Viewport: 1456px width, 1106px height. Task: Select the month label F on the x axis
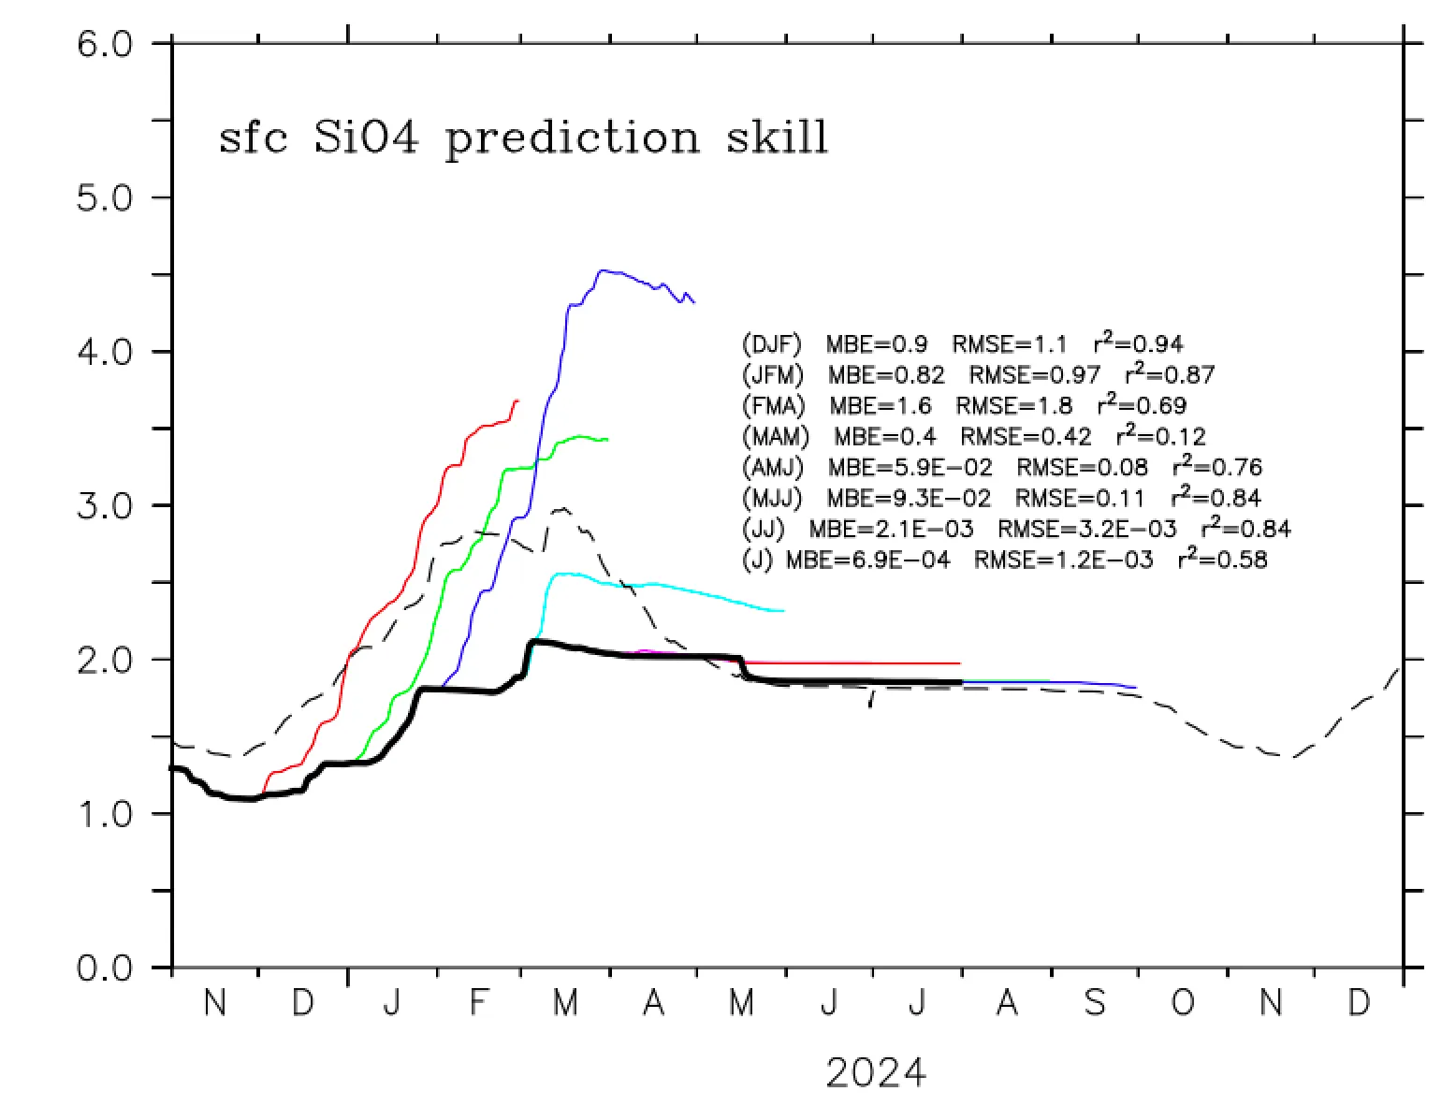coord(478,1004)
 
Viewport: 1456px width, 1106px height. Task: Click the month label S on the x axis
coord(1094,1004)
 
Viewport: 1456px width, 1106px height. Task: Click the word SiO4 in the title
coord(368,138)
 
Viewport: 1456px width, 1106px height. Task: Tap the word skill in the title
coord(778,138)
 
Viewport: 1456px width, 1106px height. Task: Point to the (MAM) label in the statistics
coord(776,437)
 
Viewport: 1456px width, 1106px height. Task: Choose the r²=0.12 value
coord(1161,435)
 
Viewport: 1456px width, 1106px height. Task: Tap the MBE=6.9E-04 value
coord(867,560)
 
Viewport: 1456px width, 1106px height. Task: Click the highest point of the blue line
coord(602,270)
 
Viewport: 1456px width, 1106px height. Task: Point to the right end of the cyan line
coord(782,611)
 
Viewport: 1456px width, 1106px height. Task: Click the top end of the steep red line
coord(517,400)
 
